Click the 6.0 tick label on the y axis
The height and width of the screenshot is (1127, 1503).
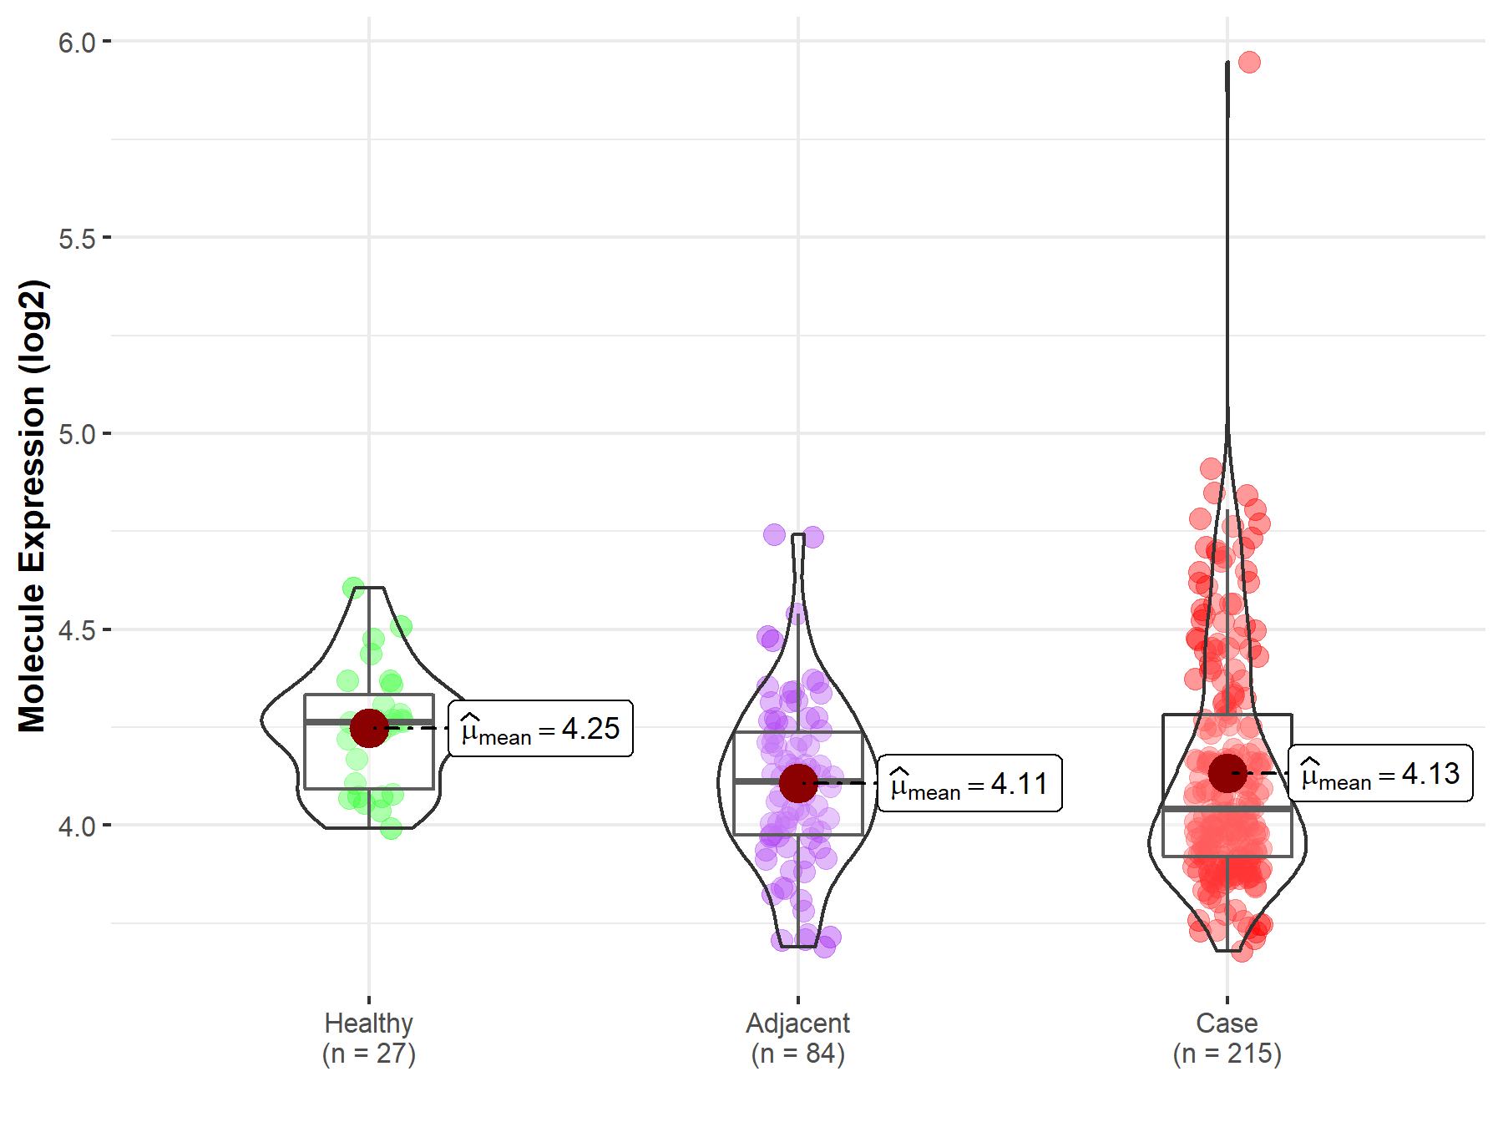pyautogui.click(x=77, y=42)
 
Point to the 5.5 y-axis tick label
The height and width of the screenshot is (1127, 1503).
pyautogui.click(x=77, y=239)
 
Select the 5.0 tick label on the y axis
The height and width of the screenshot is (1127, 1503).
pyautogui.click(x=77, y=435)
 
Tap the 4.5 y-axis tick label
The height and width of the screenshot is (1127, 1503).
pyautogui.click(x=77, y=631)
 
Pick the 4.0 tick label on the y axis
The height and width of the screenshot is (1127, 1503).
pyautogui.click(x=77, y=826)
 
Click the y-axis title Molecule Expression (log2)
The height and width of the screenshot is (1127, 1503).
pyautogui.click(x=32, y=506)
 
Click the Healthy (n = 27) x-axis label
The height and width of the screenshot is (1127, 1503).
pyautogui.click(x=369, y=1038)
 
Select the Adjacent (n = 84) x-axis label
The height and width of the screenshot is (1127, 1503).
pyautogui.click(x=798, y=1038)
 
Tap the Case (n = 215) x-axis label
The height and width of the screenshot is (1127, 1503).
pyautogui.click(x=1227, y=1038)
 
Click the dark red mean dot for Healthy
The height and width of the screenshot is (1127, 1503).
pyautogui.click(x=369, y=728)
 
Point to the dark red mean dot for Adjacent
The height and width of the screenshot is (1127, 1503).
pyautogui.click(x=798, y=783)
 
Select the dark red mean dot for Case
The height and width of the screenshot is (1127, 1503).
pyautogui.click(x=1227, y=773)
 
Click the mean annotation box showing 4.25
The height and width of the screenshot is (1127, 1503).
pyautogui.click(x=541, y=729)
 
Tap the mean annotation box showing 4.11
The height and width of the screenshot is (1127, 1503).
pyautogui.click(x=970, y=784)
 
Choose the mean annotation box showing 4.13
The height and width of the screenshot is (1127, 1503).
pyautogui.click(x=1381, y=774)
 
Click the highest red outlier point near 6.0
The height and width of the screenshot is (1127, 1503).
pyautogui.click(x=1249, y=62)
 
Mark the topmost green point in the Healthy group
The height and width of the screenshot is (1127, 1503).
pyautogui.click(x=353, y=588)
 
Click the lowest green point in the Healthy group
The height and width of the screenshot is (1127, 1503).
pyautogui.click(x=391, y=829)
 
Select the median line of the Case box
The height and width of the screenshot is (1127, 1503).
pyautogui.click(x=1227, y=808)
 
